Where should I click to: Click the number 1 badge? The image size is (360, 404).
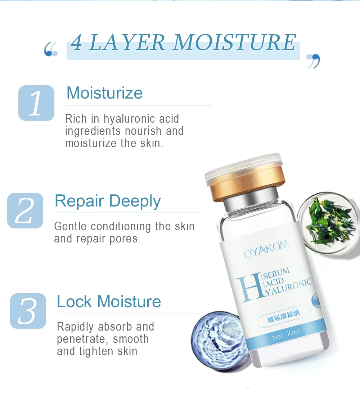click(x=36, y=103)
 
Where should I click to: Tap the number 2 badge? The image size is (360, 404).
click(x=25, y=210)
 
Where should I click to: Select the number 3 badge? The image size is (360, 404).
click(x=28, y=311)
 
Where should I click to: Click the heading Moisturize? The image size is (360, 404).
click(x=104, y=93)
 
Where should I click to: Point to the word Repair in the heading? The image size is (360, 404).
click(x=79, y=201)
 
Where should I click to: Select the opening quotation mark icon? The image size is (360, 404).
click(x=51, y=49)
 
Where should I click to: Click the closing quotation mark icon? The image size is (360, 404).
click(x=314, y=61)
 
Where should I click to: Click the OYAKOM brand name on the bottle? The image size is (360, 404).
click(x=267, y=249)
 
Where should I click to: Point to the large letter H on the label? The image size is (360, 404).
click(x=249, y=288)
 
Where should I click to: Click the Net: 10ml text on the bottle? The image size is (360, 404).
click(x=286, y=334)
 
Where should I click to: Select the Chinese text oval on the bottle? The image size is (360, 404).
click(x=284, y=316)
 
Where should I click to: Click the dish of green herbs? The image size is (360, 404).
click(x=329, y=223)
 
